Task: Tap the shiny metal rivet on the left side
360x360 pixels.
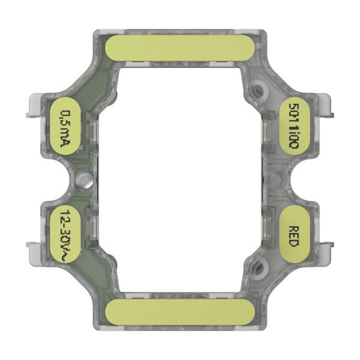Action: tap(83, 178)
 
